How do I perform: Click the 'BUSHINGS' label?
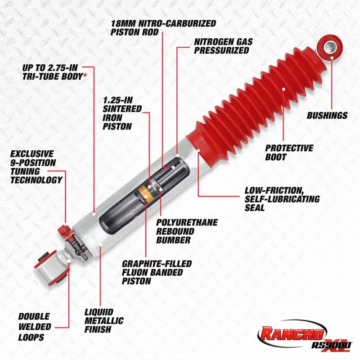pyautogui.click(x=327, y=116)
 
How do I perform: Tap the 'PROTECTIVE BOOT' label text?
pyautogui.click(x=289, y=152)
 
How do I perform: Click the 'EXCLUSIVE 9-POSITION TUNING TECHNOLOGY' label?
pyautogui.click(x=36, y=167)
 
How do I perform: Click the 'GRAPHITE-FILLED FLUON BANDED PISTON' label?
pyautogui.click(x=157, y=272)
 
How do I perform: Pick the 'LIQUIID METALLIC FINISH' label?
pyautogui.click(x=104, y=320)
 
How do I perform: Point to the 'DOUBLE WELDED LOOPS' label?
pyautogui.click(x=34, y=327)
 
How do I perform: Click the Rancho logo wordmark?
pyautogui.click(x=290, y=334)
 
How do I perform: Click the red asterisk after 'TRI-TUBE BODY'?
pyautogui.click(x=85, y=76)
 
